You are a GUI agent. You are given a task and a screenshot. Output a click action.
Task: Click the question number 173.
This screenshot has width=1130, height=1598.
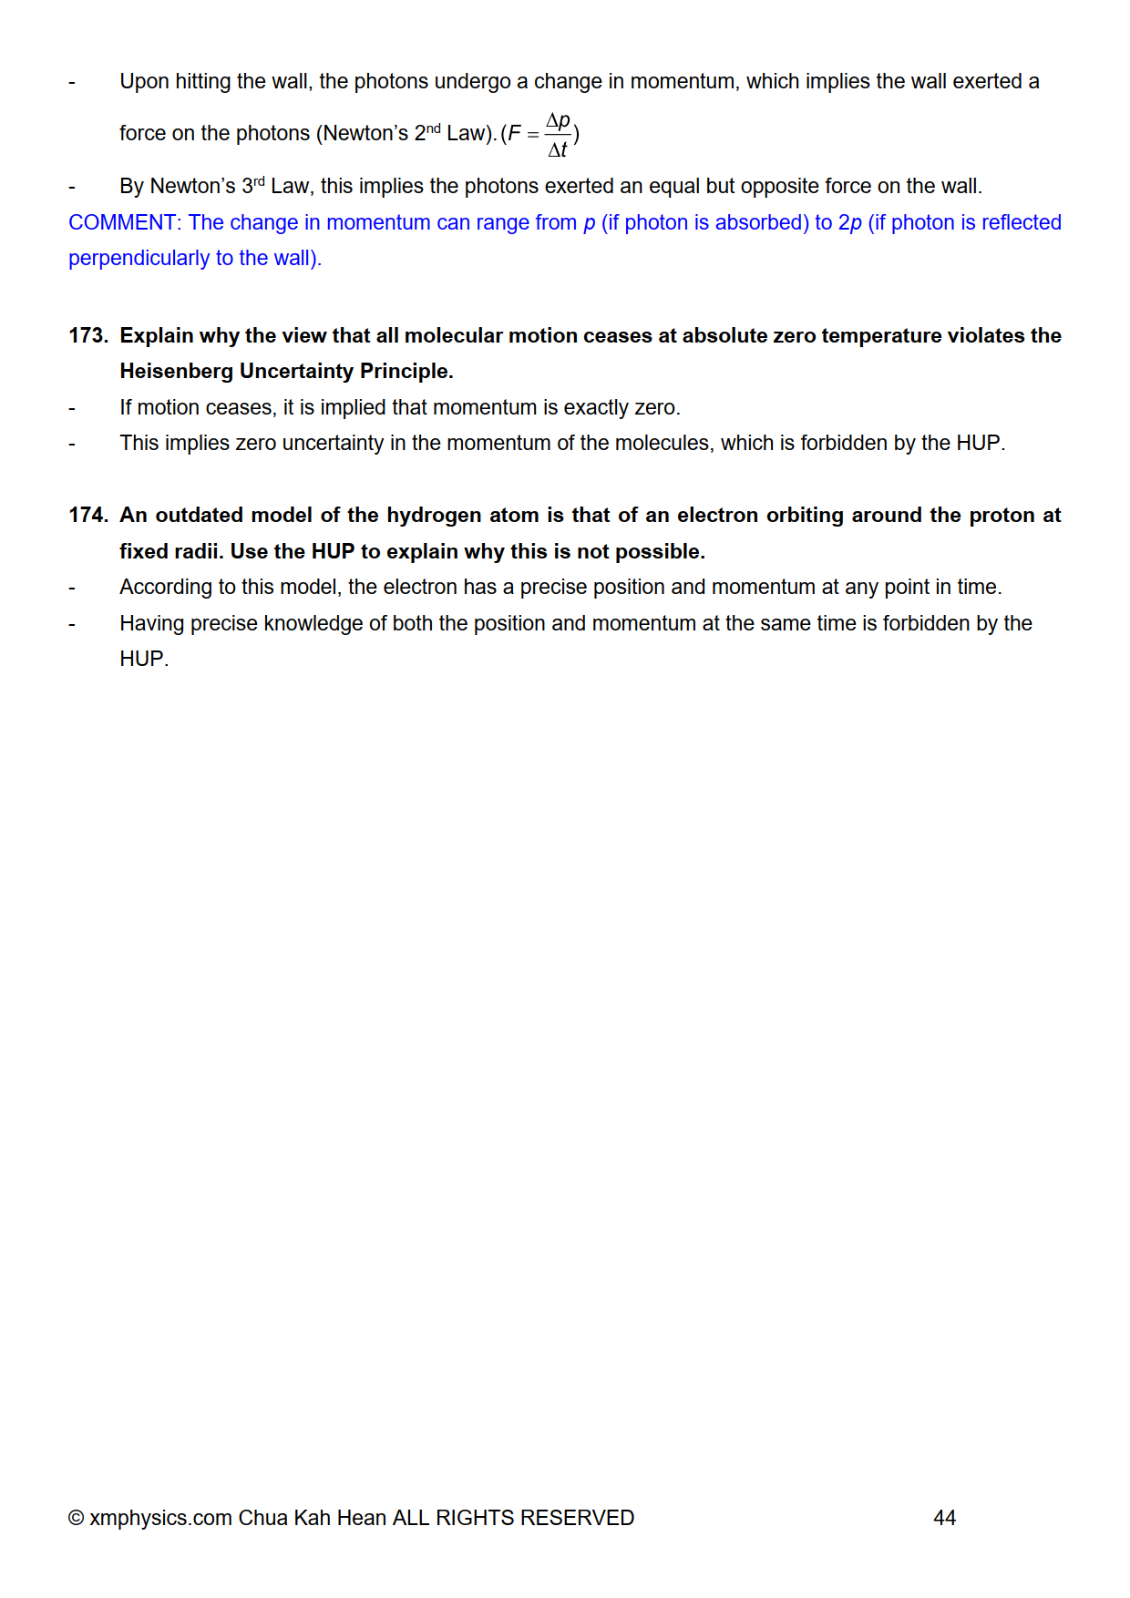(87, 335)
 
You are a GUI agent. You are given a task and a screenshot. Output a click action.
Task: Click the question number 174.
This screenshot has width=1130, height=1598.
(87, 515)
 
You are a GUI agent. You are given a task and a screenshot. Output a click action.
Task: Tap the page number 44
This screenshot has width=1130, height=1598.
(944, 1518)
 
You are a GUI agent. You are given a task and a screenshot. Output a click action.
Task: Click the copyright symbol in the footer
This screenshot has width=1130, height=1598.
(77, 1518)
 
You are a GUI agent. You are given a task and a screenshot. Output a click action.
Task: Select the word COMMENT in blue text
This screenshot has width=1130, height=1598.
(122, 222)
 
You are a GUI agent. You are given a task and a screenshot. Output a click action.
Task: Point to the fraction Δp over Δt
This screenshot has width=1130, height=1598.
(558, 134)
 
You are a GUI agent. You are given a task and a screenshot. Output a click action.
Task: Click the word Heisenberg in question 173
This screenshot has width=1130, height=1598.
(176, 371)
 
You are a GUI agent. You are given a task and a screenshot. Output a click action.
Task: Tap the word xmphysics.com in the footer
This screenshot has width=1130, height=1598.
(160, 1518)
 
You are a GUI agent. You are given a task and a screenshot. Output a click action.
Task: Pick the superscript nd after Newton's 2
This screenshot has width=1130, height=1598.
(434, 128)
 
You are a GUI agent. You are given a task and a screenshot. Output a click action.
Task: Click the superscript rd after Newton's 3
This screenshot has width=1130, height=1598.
(259, 180)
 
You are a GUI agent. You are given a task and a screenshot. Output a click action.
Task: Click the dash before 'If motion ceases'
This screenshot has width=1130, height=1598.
(72, 407)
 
